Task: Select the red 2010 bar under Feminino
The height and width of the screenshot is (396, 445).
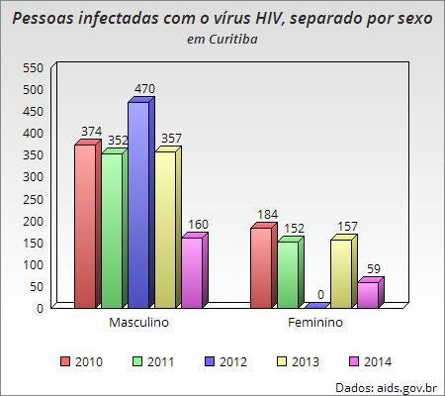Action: click(263, 265)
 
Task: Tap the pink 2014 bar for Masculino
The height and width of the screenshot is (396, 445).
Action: click(195, 270)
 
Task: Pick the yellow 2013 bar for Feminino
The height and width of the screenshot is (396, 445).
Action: click(344, 271)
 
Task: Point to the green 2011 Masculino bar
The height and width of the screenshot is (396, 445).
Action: click(115, 229)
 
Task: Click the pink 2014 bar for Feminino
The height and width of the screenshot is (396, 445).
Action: click(371, 293)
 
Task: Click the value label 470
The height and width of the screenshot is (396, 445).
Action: click(144, 89)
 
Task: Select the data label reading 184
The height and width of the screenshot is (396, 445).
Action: click(267, 215)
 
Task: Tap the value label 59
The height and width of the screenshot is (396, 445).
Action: click(374, 269)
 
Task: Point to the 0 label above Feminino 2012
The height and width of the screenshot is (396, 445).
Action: click(320, 295)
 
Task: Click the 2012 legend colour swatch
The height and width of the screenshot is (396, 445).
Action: click(210, 361)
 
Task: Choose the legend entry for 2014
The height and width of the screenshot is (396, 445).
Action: click(370, 361)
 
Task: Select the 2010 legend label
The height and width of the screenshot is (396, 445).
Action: click(89, 361)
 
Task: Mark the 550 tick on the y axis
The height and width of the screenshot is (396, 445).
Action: click(33, 68)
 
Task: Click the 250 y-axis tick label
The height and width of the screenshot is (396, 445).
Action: click(33, 199)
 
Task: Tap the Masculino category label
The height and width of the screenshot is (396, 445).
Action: click(138, 322)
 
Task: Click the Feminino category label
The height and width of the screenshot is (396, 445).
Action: click(315, 322)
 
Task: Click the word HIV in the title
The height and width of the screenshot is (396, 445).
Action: click(268, 18)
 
